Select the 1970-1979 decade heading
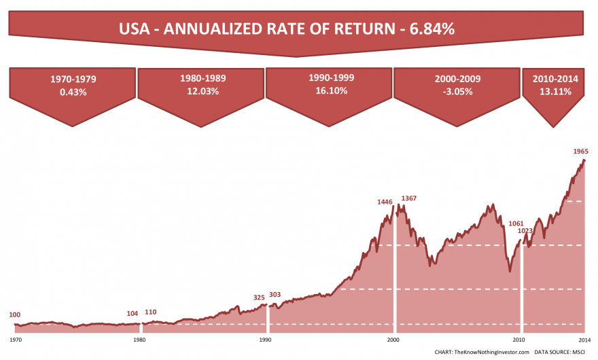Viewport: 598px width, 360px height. [x=73, y=79]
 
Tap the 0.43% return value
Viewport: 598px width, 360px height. [x=73, y=92]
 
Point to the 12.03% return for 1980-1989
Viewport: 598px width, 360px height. [x=201, y=92]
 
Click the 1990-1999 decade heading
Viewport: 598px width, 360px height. [x=330, y=78]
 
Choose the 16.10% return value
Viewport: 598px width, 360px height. [x=330, y=90]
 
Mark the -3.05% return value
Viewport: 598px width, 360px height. [x=457, y=92]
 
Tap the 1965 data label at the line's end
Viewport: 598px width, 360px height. [x=580, y=151]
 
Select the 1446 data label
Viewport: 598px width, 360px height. [x=385, y=202]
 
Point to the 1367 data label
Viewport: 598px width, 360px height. [x=409, y=198]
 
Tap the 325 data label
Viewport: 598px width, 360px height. [x=260, y=298]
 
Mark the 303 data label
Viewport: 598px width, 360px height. [x=275, y=295]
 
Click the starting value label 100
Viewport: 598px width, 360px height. [x=14, y=315]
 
